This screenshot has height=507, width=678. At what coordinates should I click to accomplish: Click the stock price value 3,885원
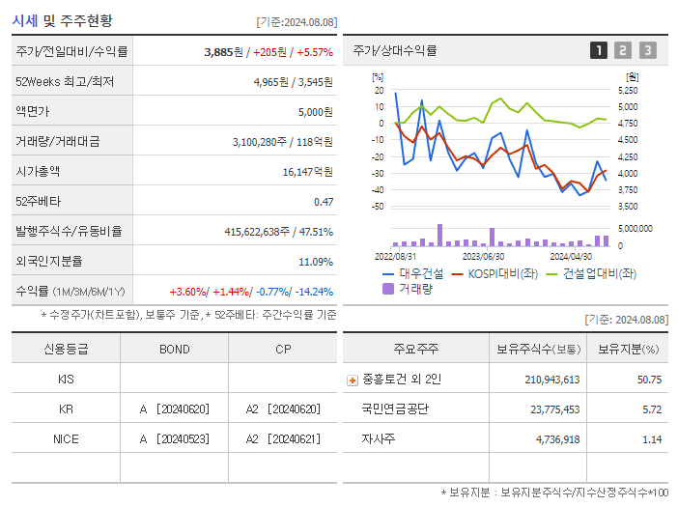click(226, 52)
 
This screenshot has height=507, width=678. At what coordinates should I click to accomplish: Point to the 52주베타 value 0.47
click(323, 201)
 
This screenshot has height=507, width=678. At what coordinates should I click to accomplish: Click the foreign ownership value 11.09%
click(315, 261)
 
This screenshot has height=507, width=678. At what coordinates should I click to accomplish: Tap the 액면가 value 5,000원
click(315, 112)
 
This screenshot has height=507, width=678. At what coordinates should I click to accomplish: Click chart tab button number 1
click(599, 50)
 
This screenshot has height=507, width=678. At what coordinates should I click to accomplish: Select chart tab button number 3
click(647, 50)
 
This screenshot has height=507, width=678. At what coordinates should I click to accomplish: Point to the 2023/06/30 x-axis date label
click(483, 257)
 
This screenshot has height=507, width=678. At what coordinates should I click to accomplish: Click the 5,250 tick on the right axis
click(628, 90)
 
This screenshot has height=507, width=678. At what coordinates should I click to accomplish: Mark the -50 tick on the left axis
click(378, 207)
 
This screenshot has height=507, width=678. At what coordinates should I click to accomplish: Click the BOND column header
click(175, 349)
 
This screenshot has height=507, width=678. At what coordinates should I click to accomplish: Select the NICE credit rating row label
click(66, 438)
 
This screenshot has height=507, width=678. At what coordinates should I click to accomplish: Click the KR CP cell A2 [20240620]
click(283, 408)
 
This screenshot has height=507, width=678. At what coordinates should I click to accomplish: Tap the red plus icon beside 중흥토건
click(353, 380)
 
